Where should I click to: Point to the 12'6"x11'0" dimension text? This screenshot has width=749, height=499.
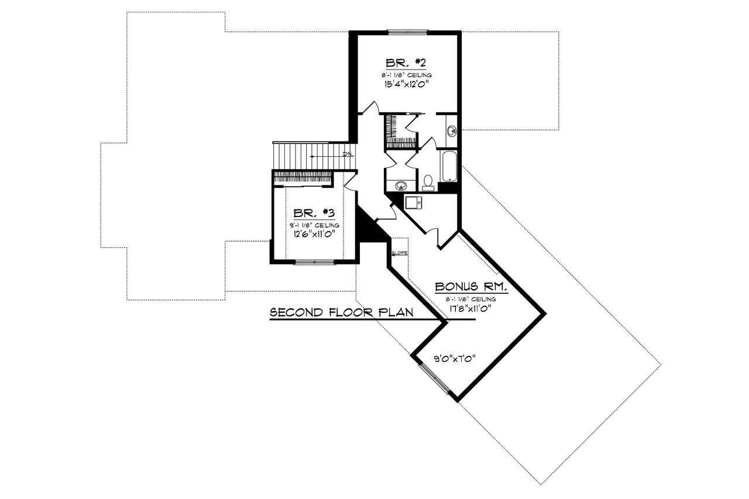pyautogui.click(x=313, y=233)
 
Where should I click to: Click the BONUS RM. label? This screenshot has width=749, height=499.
pyautogui.click(x=470, y=288)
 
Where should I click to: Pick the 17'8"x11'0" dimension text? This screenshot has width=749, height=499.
pyautogui.click(x=470, y=308)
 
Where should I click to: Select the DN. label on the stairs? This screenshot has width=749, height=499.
pyautogui.click(x=347, y=154)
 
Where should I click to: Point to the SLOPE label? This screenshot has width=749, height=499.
pyautogui.click(x=400, y=253)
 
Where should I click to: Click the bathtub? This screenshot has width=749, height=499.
pyautogui.click(x=448, y=166)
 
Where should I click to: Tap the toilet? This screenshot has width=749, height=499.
pyautogui.click(x=428, y=184)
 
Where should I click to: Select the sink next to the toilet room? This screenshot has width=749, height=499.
pyautogui.click(x=401, y=186)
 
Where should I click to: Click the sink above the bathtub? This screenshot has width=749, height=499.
pyautogui.click(x=452, y=130)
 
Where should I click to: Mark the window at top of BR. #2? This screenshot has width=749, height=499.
pyautogui.click(x=408, y=32)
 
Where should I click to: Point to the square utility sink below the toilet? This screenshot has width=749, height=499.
pyautogui.click(x=413, y=202)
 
